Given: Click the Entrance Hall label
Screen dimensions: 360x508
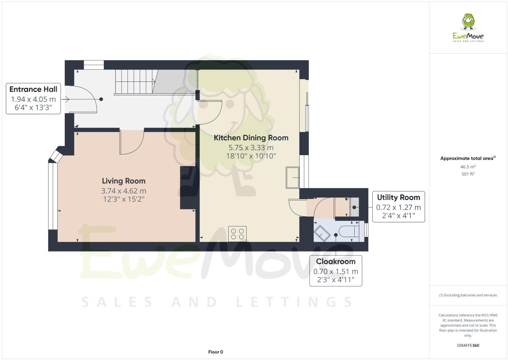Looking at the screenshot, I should (33, 89).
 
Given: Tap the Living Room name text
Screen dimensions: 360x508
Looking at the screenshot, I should (123, 181).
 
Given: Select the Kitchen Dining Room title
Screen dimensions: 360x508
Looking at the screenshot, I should (251, 138).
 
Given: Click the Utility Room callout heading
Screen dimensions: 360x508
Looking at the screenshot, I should (398, 197).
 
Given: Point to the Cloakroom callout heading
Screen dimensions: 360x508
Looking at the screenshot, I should (336, 262).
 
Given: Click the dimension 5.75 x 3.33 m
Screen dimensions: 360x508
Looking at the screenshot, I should (251, 148).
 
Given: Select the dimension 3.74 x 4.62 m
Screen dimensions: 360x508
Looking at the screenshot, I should (123, 191).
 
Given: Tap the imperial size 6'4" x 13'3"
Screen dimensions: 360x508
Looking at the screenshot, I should (33, 109).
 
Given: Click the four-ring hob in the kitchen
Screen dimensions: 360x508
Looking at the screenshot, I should (237, 234).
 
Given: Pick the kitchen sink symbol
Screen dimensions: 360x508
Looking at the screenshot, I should (292, 177).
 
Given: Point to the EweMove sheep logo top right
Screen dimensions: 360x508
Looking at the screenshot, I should (468, 22).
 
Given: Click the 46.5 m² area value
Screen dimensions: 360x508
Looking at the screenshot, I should (468, 167).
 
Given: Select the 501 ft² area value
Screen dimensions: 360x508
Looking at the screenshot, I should (468, 174).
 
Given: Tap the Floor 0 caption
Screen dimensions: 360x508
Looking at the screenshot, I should (215, 352).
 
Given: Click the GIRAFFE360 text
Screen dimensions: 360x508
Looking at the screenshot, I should (468, 345).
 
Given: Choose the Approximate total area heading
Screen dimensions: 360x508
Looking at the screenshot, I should (467, 158).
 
